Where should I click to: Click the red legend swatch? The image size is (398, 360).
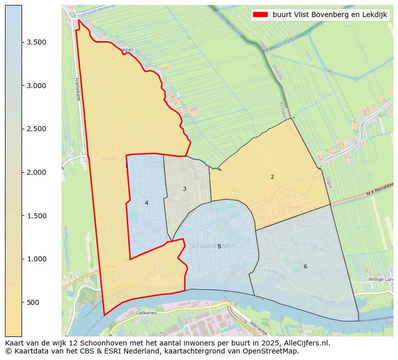[261, 15]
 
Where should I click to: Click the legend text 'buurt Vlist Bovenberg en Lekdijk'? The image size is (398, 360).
[330, 15]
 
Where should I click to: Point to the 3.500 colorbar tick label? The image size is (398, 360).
[37, 42]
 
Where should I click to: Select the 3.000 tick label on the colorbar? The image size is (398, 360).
[37, 86]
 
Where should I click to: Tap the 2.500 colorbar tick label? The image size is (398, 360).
[37, 129]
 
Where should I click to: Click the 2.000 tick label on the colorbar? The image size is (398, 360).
[37, 172]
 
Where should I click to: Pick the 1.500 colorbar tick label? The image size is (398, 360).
[37, 216]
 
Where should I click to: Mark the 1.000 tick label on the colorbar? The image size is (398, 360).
[37, 259]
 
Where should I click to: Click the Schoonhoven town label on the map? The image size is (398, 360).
[212, 246]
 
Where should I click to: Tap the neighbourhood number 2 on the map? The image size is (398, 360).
[272, 177]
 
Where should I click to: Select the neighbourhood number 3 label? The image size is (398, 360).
[184, 189]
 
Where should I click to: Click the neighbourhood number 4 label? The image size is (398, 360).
[146, 203]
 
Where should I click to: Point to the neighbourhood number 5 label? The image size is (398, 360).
[219, 246]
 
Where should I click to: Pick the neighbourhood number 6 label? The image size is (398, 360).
[305, 266]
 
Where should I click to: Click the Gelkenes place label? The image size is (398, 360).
[146, 312]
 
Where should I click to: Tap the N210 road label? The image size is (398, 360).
[111, 267]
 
